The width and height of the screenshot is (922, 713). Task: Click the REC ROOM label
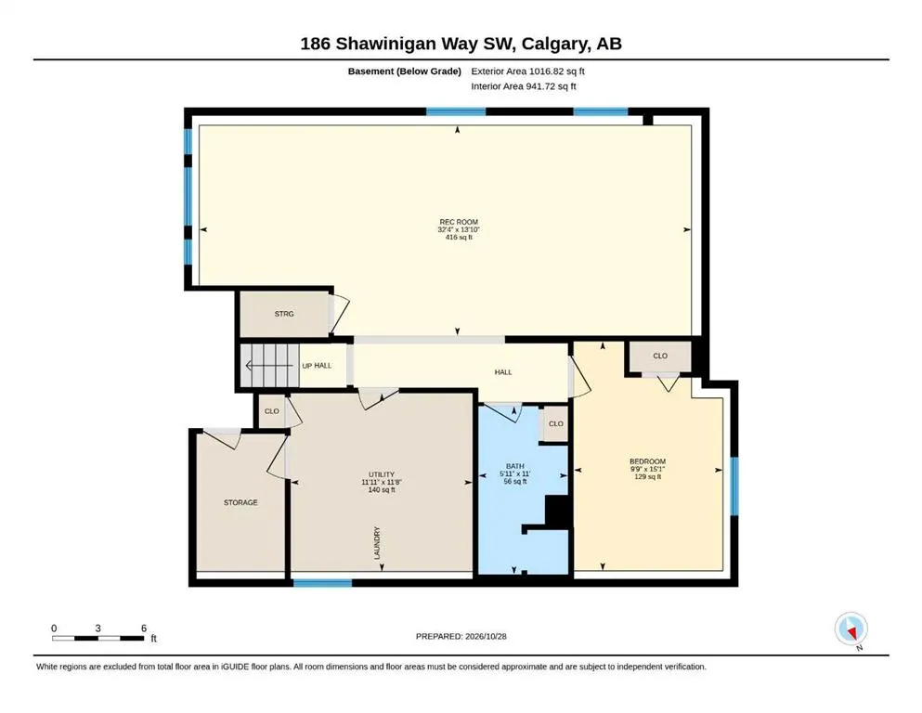(459, 222)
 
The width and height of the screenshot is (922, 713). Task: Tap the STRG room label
(284, 314)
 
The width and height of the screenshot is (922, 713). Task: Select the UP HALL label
(317, 366)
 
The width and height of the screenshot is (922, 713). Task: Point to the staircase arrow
(268, 366)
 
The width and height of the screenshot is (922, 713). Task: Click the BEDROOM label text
(647, 461)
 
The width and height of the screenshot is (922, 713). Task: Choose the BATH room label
(515, 466)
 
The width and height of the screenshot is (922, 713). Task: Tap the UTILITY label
(382, 474)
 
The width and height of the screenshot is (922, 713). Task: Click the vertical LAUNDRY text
(377, 542)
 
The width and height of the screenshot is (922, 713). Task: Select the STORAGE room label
(240, 502)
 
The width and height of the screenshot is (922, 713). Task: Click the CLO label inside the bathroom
(555, 423)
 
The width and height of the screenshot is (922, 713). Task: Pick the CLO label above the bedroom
(660, 356)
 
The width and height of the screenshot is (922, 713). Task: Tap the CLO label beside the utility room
(272, 411)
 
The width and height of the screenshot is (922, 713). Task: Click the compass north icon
(851, 629)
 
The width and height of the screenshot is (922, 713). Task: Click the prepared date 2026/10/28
(486, 636)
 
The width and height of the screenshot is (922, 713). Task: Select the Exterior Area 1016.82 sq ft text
(527, 71)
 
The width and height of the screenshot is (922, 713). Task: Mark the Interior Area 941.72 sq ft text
(524, 86)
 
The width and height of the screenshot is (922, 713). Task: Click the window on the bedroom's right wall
(734, 486)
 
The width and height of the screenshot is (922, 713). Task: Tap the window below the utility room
(322, 583)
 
